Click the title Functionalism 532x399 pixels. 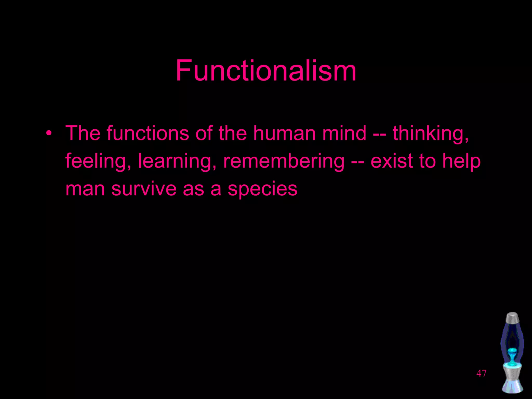click(266, 71)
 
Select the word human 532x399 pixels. click(284, 133)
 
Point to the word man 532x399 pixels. click(85, 189)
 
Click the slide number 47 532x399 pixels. click(481, 373)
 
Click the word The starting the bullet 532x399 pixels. click(83, 133)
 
